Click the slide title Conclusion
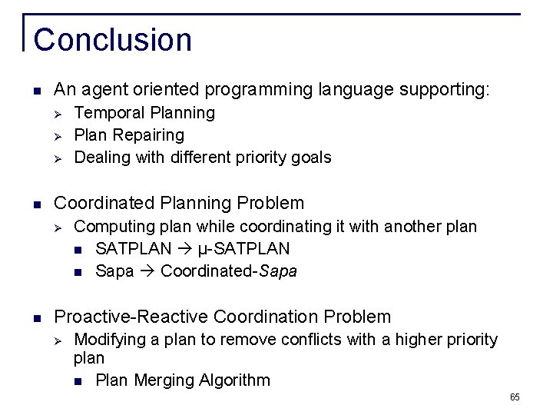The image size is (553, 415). pyautogui.click(x=113, y=40)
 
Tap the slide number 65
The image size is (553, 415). pyautogui.click(x=514, y=397)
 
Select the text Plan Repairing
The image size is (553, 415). pyautogui.click(x=129, y=135)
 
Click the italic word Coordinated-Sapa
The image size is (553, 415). pyautogui.click(x=229, y=271)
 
